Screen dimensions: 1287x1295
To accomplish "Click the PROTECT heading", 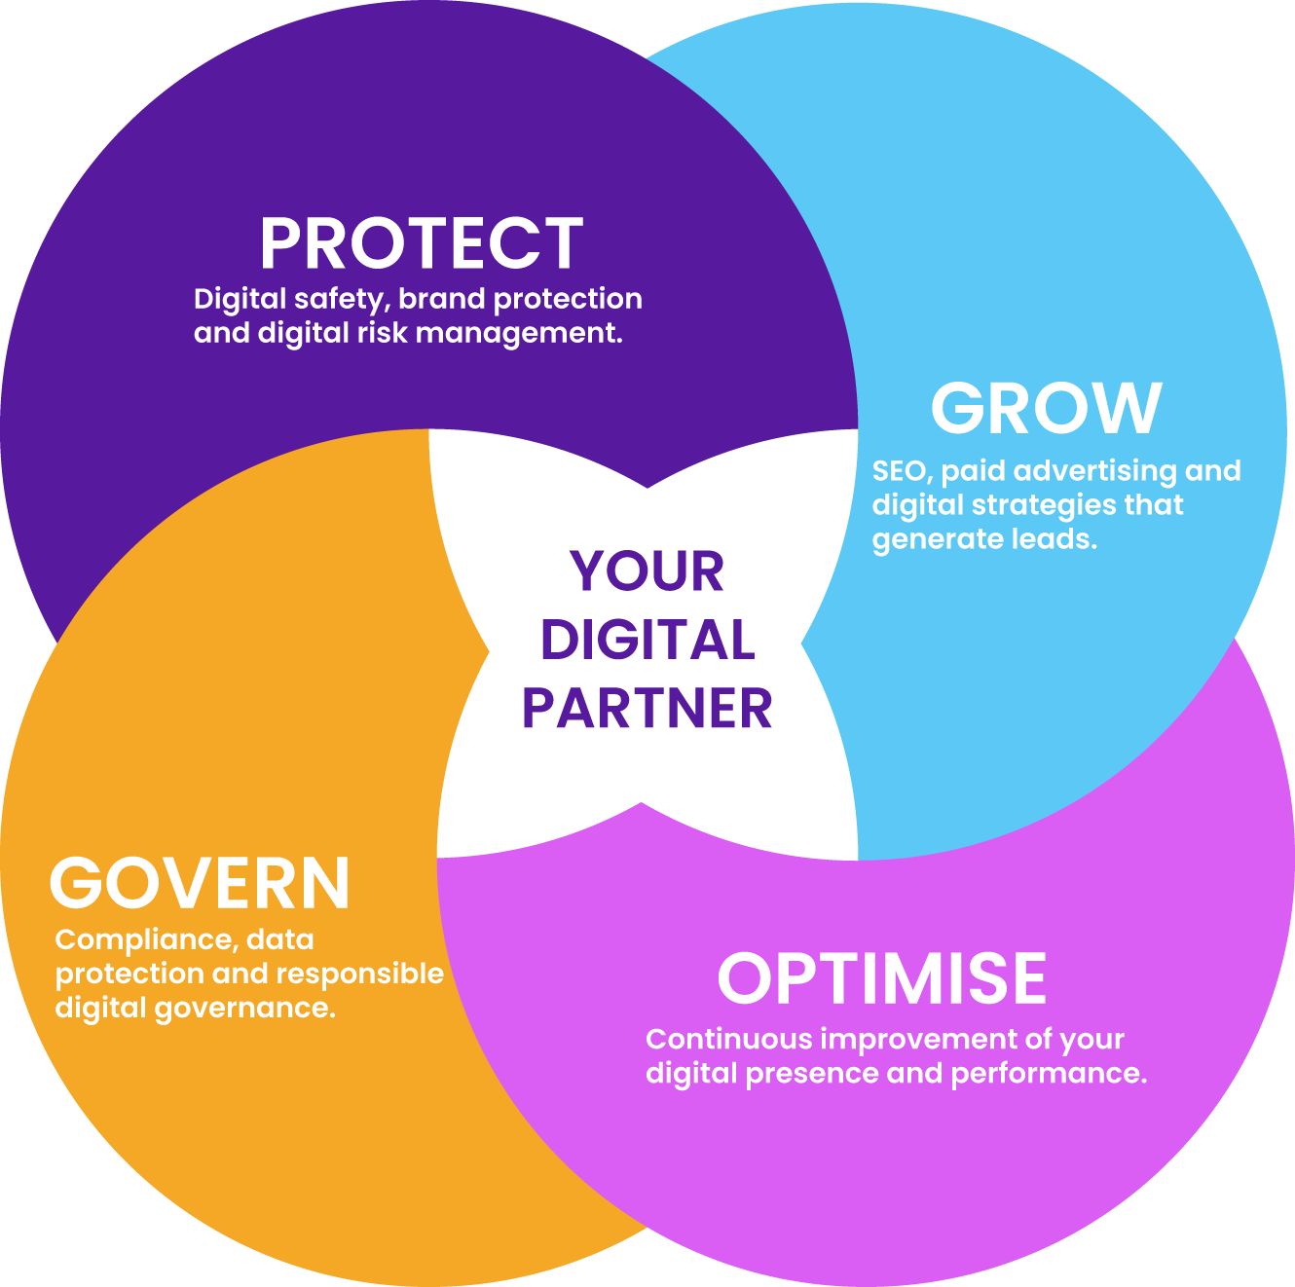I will pyautogui.click(x=421, y=243).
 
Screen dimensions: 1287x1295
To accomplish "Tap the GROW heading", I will pyautogui.click(x=1047, y=408).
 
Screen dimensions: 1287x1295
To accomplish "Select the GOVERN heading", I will pyautogui.click(x=200, y=884).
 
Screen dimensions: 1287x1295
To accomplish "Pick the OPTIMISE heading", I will pyautogui.click(x=882, y=978).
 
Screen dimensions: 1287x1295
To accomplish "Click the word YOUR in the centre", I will pyautogui.click(x=647, y=571).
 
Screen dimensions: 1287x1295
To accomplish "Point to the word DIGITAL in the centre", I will pyautogui.click(x=647, y=641).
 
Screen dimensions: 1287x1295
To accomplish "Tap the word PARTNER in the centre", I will pyautogui.click(x=647, y=709).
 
